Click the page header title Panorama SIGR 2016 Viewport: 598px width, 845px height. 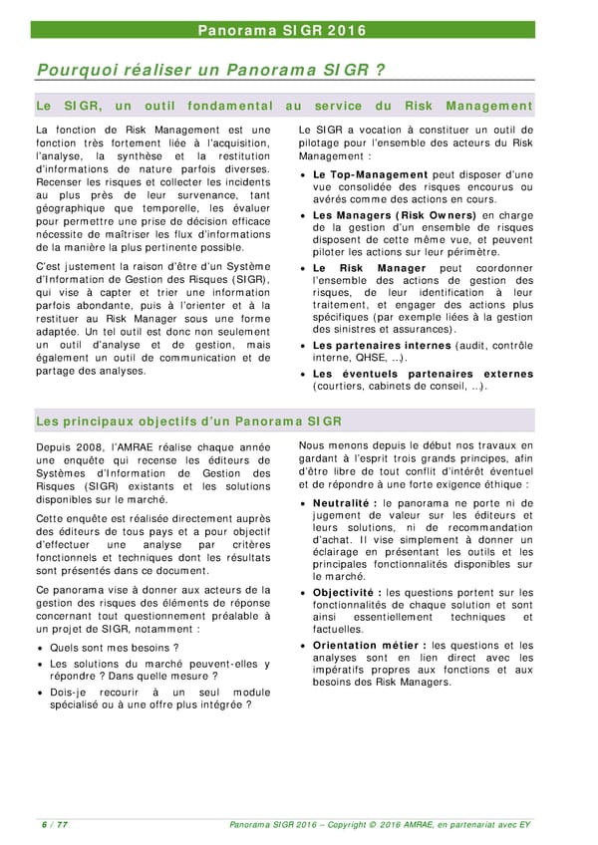[298, 30]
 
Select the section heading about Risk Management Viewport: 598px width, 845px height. [284, 106]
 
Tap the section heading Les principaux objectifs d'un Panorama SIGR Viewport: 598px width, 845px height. [188, 421]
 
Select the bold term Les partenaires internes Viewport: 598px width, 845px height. [383, 345]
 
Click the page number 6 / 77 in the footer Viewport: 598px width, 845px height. [54, 824]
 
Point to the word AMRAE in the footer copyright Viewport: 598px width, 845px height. [425, 824]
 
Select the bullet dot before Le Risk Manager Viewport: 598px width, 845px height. [303, 269]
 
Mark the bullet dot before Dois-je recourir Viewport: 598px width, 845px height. [40, 693]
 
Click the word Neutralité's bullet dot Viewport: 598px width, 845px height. [303, 504]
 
